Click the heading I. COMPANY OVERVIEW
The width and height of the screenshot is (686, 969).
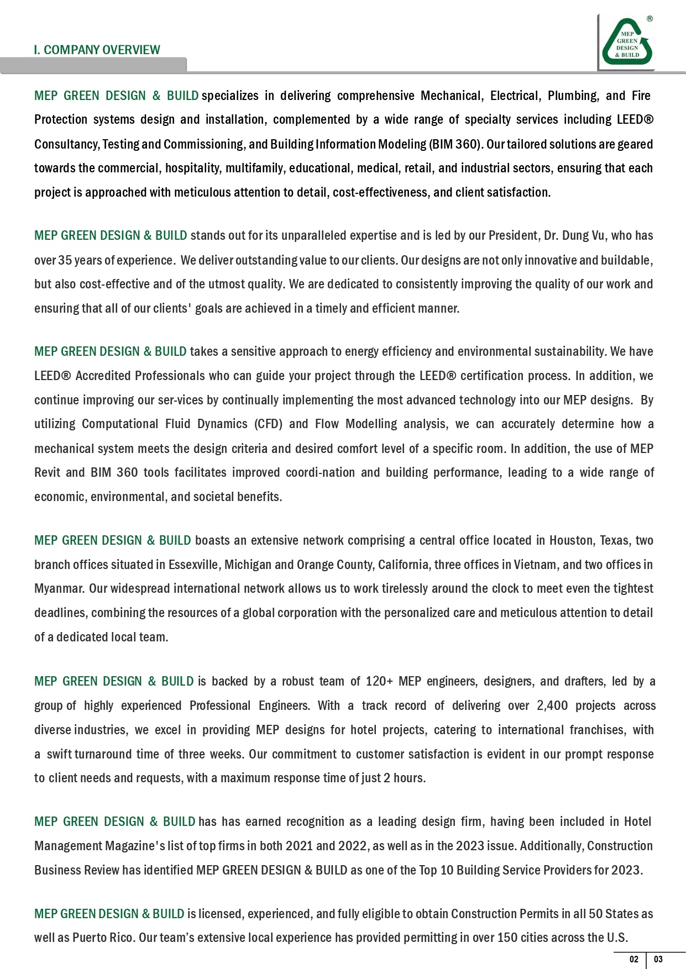(97, 50)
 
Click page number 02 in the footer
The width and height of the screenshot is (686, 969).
(633, 959)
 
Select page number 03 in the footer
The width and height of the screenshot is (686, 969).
(658, 959)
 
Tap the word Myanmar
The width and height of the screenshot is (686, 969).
(60, 589)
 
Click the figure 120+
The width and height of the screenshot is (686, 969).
(379, 681)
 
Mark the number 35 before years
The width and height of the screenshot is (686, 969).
(65, 260)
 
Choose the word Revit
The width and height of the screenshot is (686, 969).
(46, 472)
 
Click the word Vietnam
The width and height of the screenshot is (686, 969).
(536, 565)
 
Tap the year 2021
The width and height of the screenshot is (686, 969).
(299, 846)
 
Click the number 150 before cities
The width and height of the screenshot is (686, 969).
(507, 938)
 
